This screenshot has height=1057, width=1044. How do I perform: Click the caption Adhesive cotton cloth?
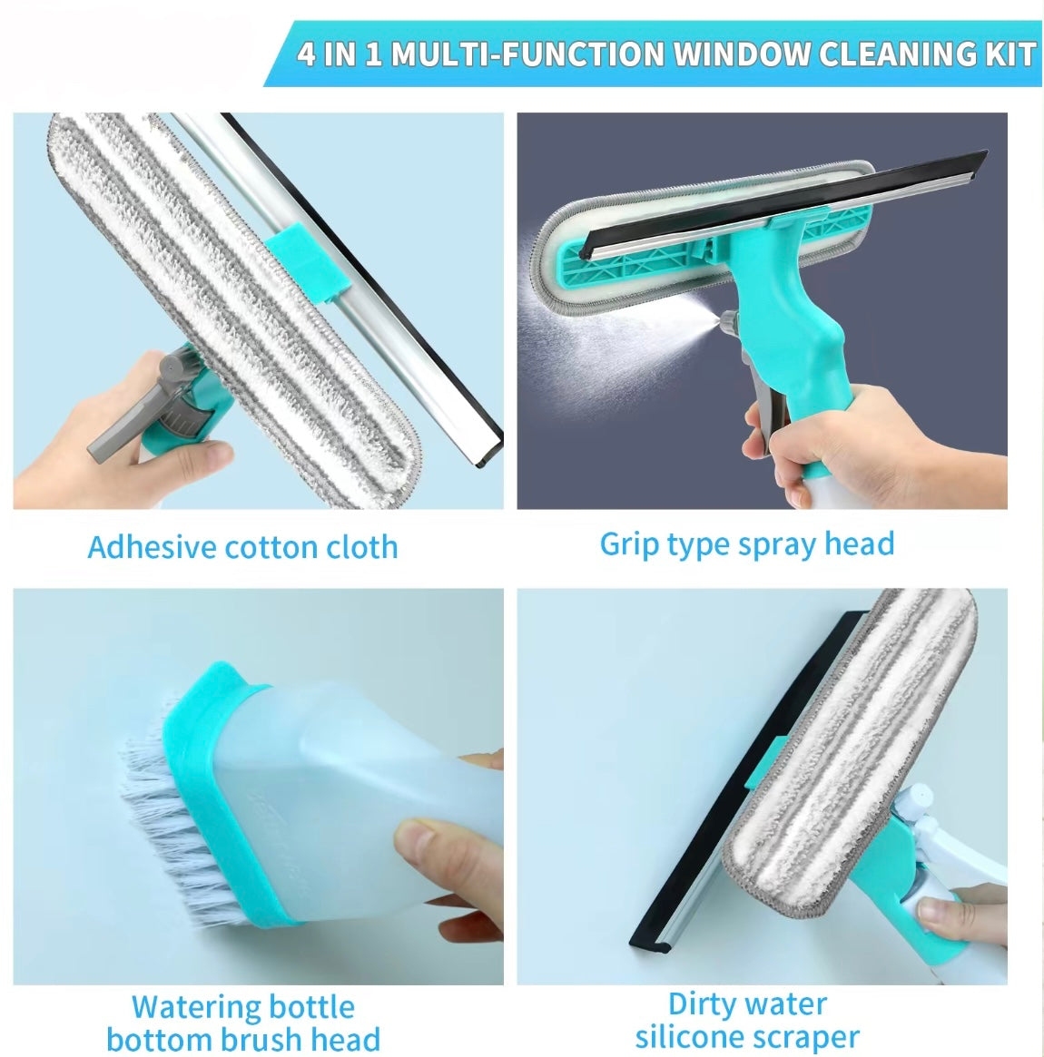click(242, 547)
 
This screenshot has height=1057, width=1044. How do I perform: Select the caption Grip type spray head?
click(747, 544)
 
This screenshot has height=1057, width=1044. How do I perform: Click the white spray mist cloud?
click(607, 337)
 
